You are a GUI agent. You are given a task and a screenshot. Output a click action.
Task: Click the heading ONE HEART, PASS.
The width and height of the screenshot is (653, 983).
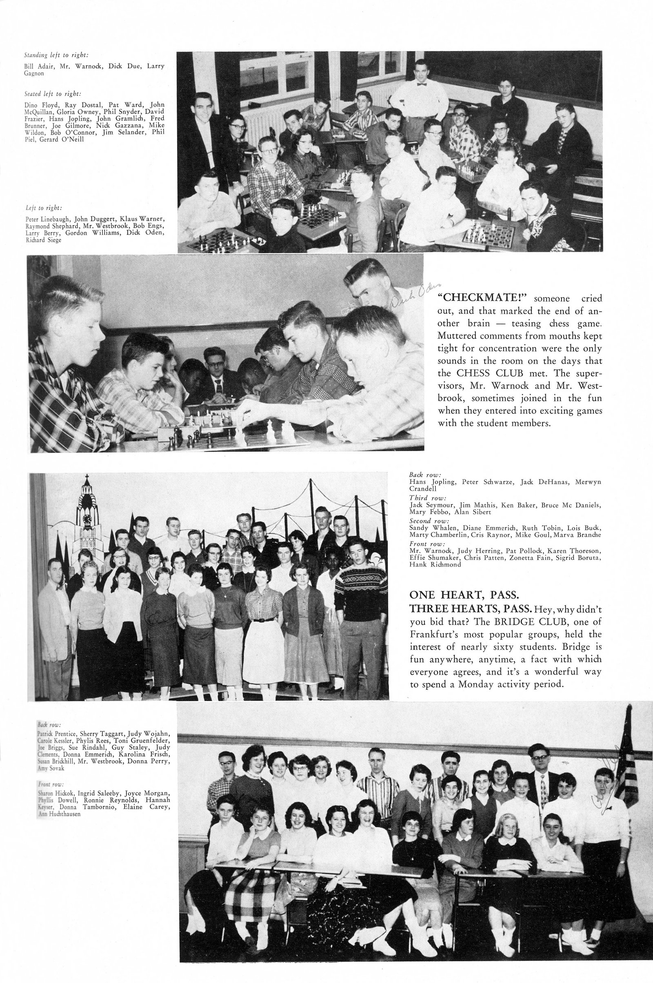464,595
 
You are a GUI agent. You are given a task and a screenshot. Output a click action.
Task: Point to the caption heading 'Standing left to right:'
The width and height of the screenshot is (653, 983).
56,55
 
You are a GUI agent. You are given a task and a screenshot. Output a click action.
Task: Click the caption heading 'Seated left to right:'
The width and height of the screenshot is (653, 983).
53,94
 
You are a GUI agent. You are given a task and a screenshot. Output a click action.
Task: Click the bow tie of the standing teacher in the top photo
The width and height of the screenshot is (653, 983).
422,84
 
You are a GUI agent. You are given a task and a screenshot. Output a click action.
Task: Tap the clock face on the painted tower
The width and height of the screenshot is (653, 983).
87,519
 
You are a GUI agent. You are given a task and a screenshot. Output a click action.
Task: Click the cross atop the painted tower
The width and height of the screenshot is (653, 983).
87,477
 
